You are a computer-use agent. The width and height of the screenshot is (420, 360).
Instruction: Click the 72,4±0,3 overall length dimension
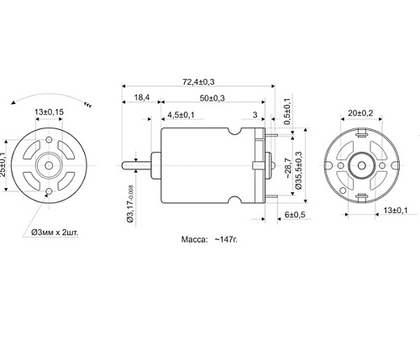[199, 81]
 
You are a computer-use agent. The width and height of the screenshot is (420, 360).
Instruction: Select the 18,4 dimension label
[142, 98]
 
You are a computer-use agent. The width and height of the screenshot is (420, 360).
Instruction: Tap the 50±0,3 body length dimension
[212, 98]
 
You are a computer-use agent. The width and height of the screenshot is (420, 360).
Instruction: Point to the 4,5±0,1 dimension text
[181, 114]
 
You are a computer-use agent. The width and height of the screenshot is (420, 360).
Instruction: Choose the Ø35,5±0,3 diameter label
[298, 172]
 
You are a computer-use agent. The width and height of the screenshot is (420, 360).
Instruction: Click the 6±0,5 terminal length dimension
[295, 216]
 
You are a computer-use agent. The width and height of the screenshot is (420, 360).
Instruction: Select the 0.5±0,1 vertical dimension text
[287, 112]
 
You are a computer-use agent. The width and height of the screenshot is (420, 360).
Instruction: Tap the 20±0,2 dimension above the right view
[361, 112]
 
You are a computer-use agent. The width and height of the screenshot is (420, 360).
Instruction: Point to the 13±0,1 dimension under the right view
[393, 209]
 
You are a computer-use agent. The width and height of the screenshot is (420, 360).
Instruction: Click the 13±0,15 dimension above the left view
[50, 112]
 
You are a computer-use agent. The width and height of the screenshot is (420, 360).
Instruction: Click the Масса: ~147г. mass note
[210, 239]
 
